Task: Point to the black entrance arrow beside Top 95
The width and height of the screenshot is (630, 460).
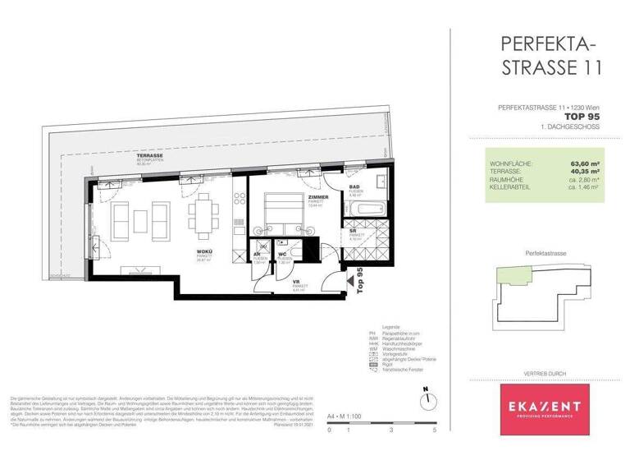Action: pyautogui.click(x=351, y=283)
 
